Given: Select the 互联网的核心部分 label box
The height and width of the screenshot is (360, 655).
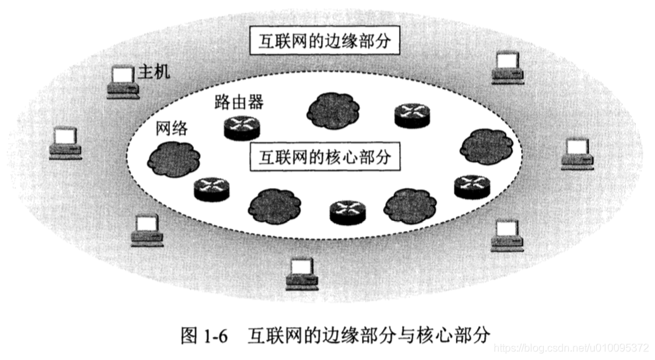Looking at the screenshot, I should pyautogui.click(x=324, y=157).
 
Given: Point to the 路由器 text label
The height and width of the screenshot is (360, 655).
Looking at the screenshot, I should pyautogui.click(x=239, y=102).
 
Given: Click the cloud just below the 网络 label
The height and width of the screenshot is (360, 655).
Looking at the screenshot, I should pyautogui.click(x=173, y=157).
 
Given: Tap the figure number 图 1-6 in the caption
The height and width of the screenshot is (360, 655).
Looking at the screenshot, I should pyautogui.click(x=204, y=335).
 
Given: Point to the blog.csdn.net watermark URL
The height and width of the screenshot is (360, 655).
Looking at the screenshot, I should pyautogui.click(x=572, y=348).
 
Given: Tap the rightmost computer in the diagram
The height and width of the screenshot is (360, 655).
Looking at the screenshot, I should pyautogui.click(x=577, y=154).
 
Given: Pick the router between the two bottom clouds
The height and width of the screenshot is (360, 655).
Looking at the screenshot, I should pyautogui.click(x=347, y=211).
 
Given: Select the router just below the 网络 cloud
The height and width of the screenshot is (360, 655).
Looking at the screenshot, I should pyautogui.click(x=211, y=189).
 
